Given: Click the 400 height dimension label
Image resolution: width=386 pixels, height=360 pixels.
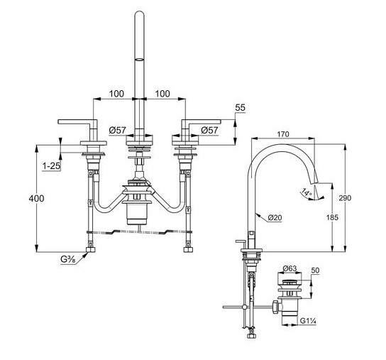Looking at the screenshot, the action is [36, 198].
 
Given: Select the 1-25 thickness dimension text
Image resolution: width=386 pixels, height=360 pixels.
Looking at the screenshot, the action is [51, 166].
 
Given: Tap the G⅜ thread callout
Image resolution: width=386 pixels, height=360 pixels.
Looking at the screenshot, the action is [68, 260].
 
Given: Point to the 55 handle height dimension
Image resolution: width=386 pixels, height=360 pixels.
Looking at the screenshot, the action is [241, 108].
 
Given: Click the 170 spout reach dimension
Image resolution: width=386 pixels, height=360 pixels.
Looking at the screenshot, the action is [283, 134].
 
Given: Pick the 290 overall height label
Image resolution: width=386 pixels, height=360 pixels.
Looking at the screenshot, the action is [345, 198].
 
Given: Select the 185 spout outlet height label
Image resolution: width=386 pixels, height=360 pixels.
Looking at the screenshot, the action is [332, 217].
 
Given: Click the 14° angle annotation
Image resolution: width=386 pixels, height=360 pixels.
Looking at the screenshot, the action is [307, 192].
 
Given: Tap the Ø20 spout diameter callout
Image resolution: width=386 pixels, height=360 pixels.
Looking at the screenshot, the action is [275, 217].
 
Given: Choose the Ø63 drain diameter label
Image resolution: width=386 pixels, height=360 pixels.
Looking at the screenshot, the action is [289, 268].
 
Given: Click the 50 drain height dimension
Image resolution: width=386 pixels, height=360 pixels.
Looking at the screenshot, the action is [315, 271].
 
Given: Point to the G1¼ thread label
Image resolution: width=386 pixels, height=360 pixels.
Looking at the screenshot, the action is [308, 321].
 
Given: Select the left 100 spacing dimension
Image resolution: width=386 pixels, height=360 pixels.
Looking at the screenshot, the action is [116, 94].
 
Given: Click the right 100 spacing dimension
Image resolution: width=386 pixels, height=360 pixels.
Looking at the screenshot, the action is [162, 94].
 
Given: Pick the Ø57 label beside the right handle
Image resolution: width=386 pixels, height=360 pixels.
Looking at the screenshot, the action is [209, 130].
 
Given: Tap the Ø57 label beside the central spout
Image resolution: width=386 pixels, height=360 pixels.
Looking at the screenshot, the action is [117, 130].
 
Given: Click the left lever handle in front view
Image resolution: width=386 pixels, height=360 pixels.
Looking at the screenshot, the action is [78, 122].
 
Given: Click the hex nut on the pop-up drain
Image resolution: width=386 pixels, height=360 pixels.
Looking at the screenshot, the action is [276, 307].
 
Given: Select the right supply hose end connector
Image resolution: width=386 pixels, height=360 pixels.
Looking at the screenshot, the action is [188, 250].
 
